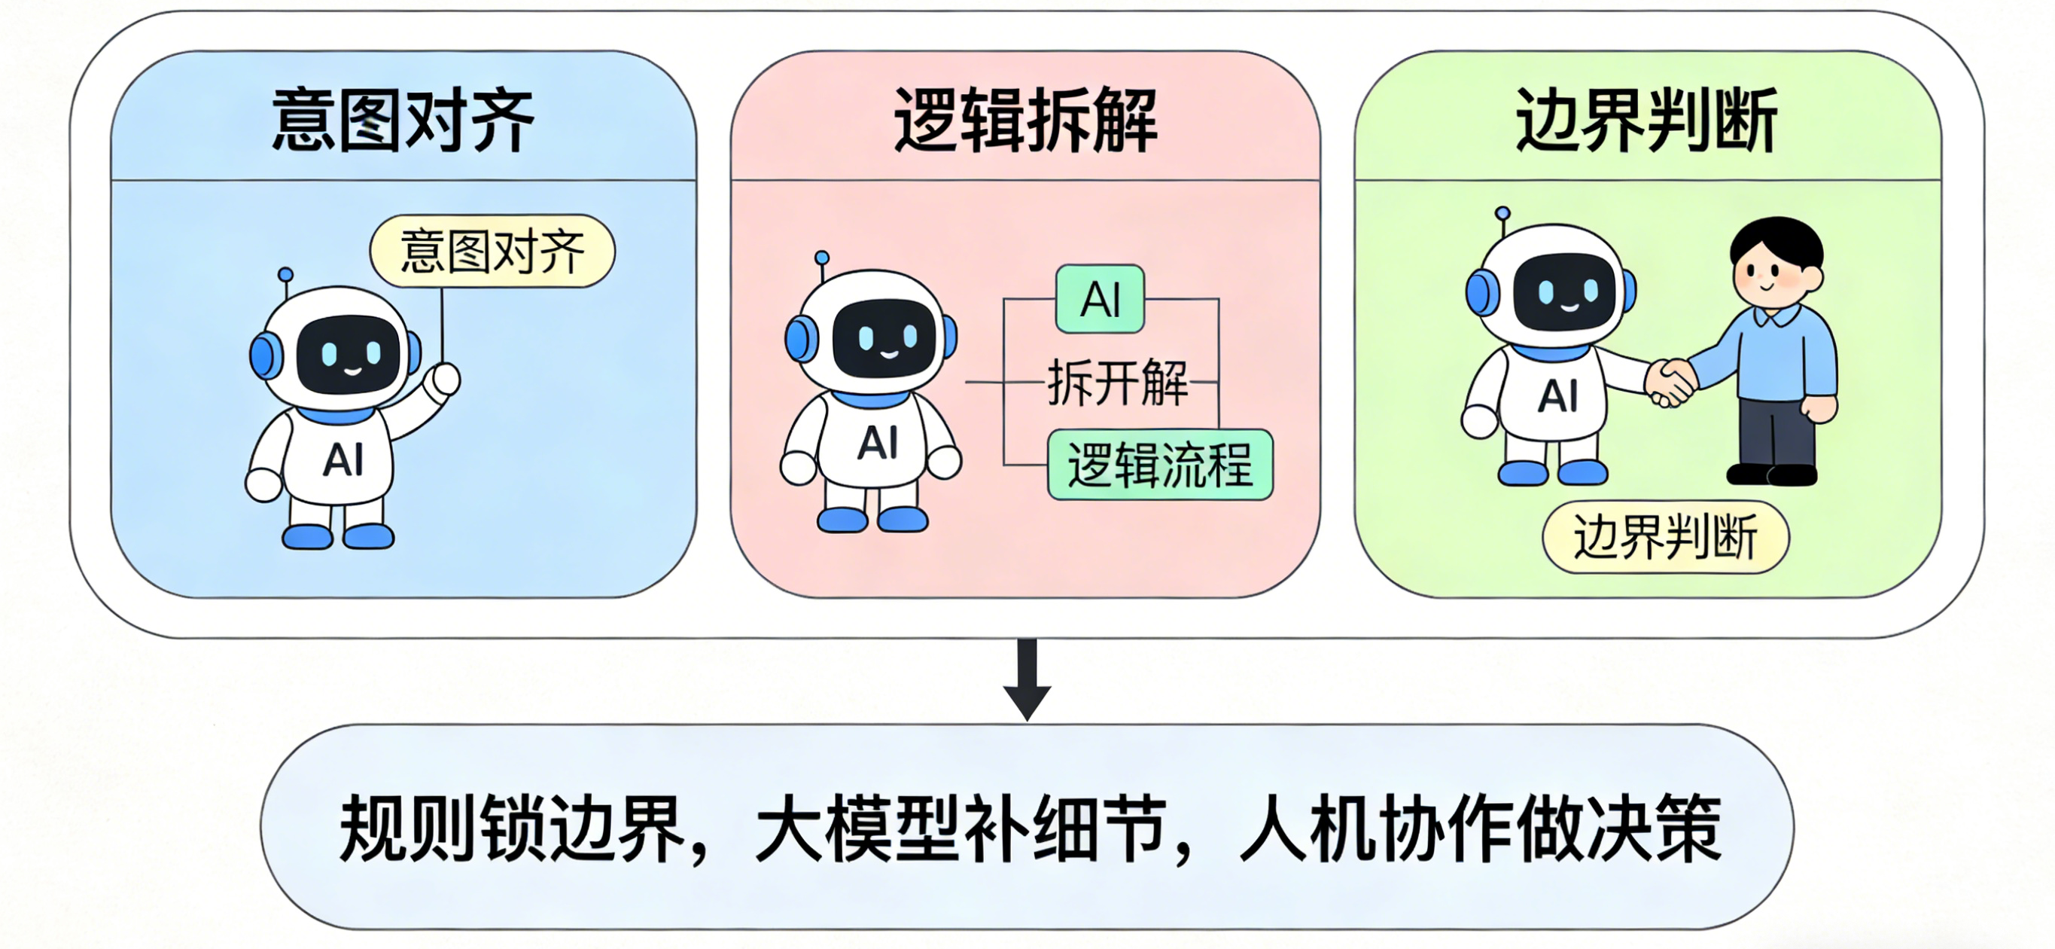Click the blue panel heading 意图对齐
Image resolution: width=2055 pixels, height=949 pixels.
403,121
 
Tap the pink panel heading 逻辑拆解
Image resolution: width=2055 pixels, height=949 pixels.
1026,121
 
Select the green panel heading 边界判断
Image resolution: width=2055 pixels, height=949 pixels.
1646,121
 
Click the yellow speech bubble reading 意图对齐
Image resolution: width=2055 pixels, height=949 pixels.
492,252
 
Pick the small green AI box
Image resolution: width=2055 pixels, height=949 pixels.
1100,299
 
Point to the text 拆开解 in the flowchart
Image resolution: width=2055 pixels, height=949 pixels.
1118,383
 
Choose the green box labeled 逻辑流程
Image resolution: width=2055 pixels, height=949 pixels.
1160,465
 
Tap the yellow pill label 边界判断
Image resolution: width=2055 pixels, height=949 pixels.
1666,537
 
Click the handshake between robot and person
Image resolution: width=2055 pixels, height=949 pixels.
1670,383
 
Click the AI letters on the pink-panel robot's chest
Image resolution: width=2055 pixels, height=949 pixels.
878,443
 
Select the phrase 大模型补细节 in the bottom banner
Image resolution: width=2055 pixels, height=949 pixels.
961,829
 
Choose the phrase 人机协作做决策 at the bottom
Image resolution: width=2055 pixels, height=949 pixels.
1481,829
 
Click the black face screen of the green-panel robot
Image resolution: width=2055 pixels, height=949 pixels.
1564,292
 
